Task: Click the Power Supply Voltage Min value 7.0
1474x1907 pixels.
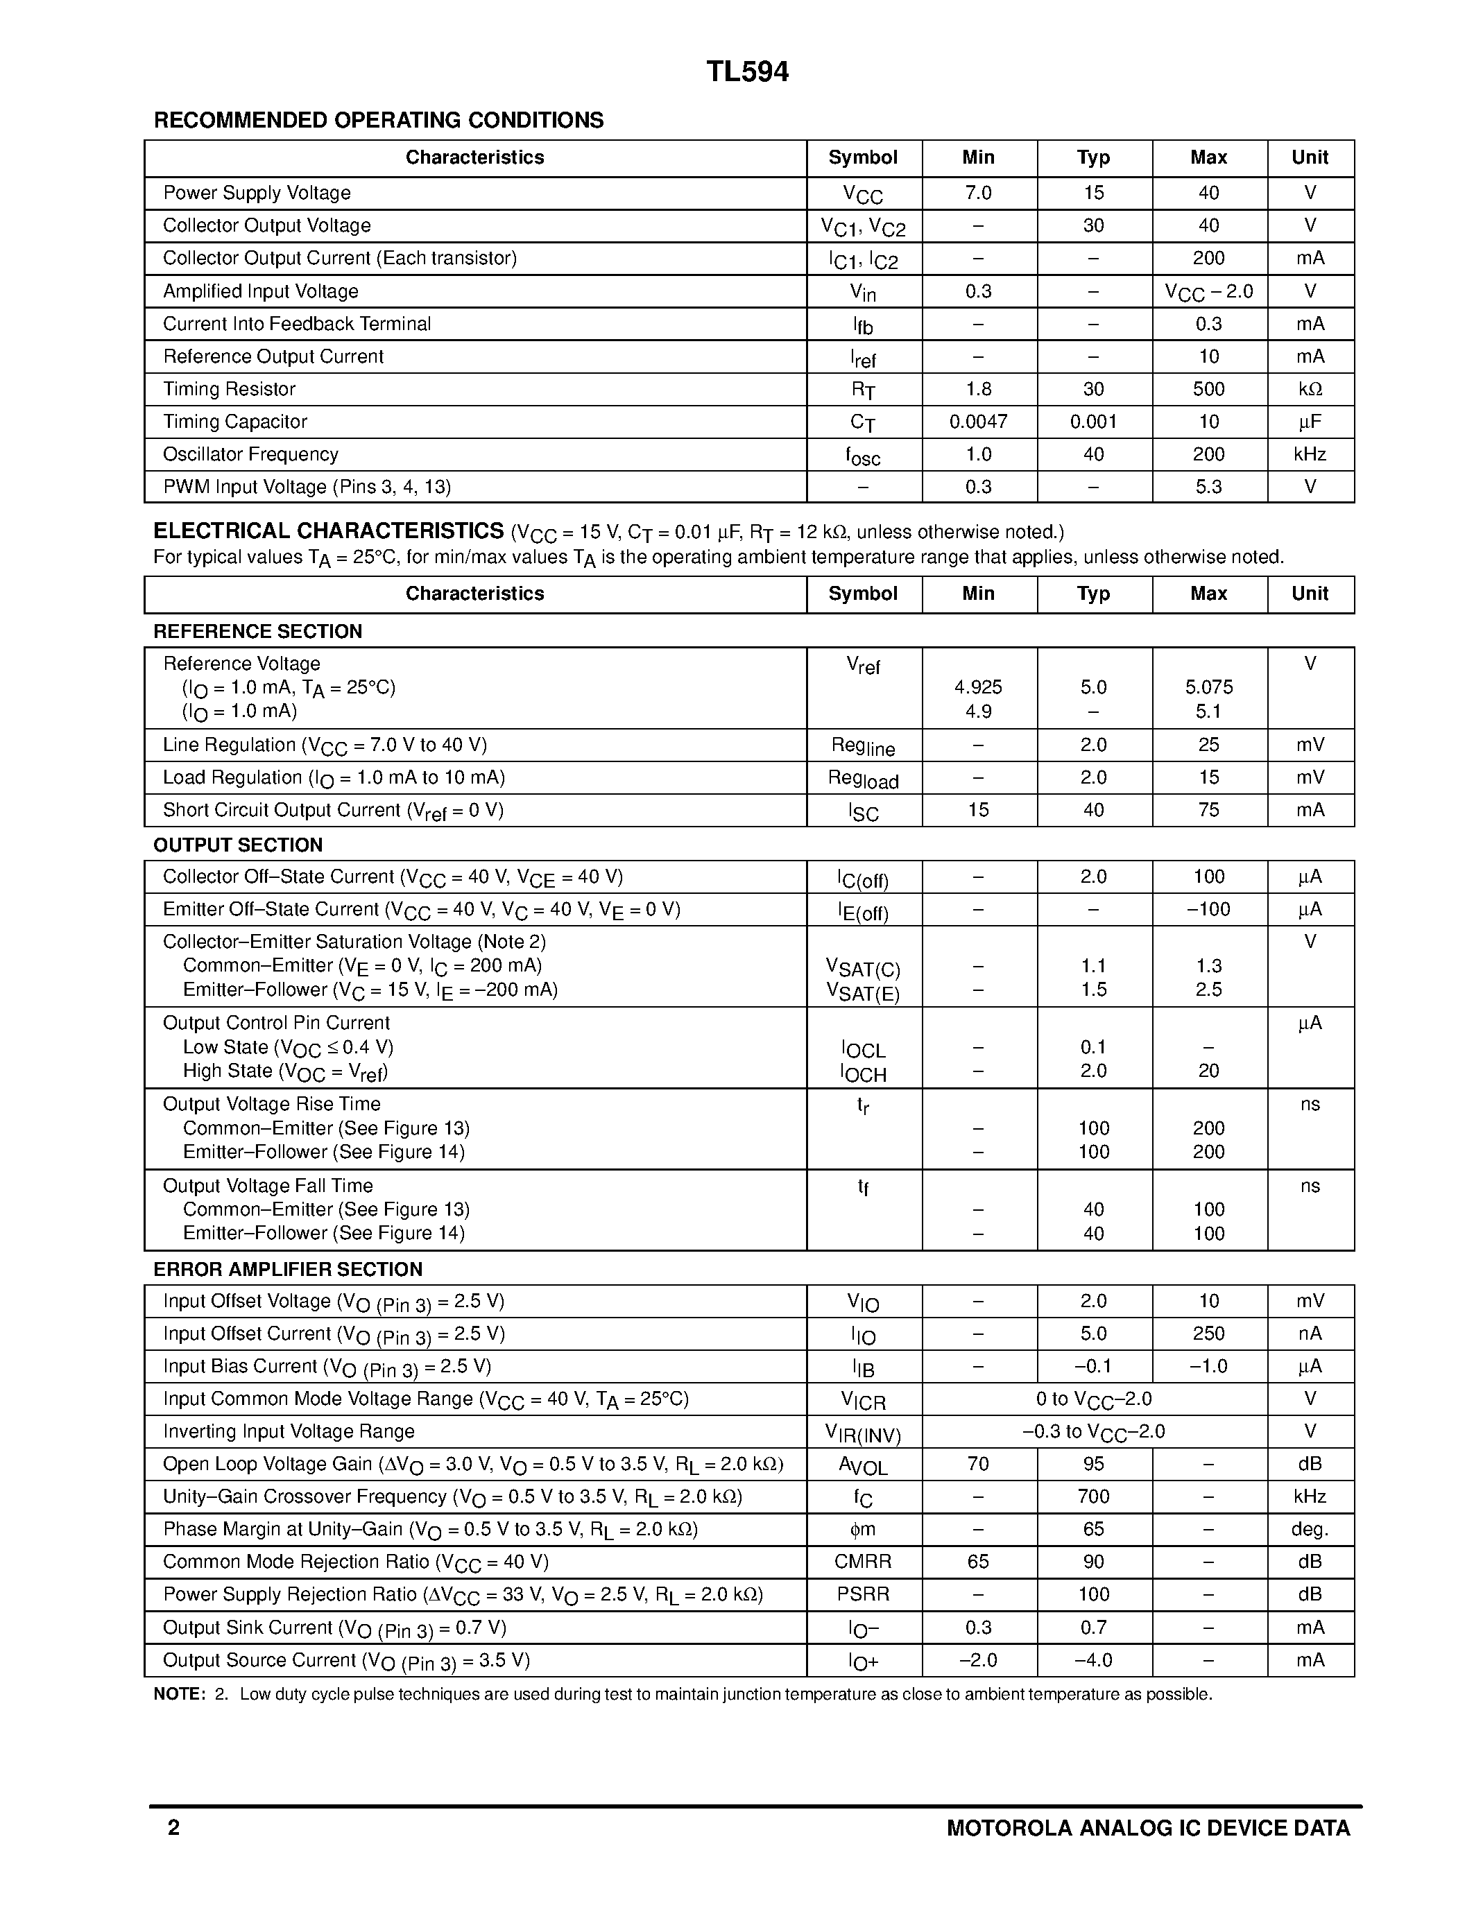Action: click(978, 193)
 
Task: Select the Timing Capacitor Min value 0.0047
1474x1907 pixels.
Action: click(978, 422)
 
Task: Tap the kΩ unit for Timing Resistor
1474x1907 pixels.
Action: click(1310, 390)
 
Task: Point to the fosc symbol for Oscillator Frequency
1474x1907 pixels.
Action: click(863, 456)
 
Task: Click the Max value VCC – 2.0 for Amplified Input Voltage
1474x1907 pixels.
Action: click(1208, 292)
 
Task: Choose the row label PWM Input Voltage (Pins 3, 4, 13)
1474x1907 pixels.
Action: click(307, 487)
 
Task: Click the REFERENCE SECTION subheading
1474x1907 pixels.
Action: click(257, 631)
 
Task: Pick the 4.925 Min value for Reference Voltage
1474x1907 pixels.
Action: click(978, 687)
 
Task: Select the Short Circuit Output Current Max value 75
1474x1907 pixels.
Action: click(1208, 810)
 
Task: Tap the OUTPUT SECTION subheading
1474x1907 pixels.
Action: click(237, 845)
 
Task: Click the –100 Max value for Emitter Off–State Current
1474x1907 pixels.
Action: click(1208, 910)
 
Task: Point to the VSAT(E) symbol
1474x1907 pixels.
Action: click(863, 992)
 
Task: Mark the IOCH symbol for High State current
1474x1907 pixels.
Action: click(863, 1073)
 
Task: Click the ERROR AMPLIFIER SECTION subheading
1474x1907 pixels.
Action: click(287, 1270)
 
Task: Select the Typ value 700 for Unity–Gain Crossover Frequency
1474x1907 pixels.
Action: click(1093, 1496)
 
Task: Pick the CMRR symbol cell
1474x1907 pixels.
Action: click(863, 1562)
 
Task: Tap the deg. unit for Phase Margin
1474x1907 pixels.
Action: click(1310, 1530)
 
